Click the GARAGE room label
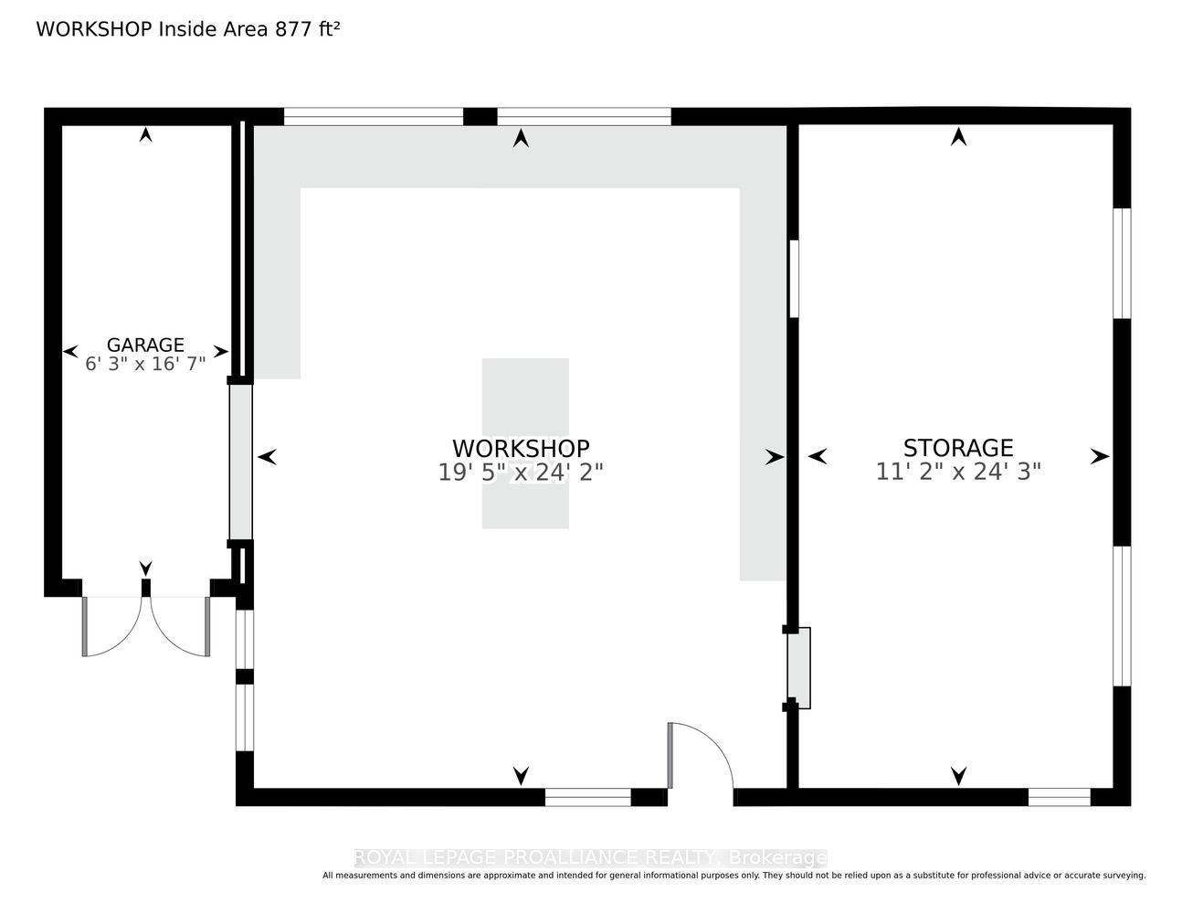[145, 345]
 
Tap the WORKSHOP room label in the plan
[521, 449]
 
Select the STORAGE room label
[958, 448]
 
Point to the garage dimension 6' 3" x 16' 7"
[145, 364]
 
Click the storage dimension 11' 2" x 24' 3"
[958, 472]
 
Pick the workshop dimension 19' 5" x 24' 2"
[521, 473]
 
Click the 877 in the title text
[293, 29]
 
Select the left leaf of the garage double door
[111, 627]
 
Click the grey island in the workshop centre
[525, 443]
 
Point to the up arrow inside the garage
[146, 134]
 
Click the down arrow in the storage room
[958, 776]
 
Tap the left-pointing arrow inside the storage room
[818, 456]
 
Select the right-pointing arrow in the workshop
[775, 457]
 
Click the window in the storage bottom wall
[1059, 797]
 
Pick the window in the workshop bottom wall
[588, 797]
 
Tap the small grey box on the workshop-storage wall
[799, 667]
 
